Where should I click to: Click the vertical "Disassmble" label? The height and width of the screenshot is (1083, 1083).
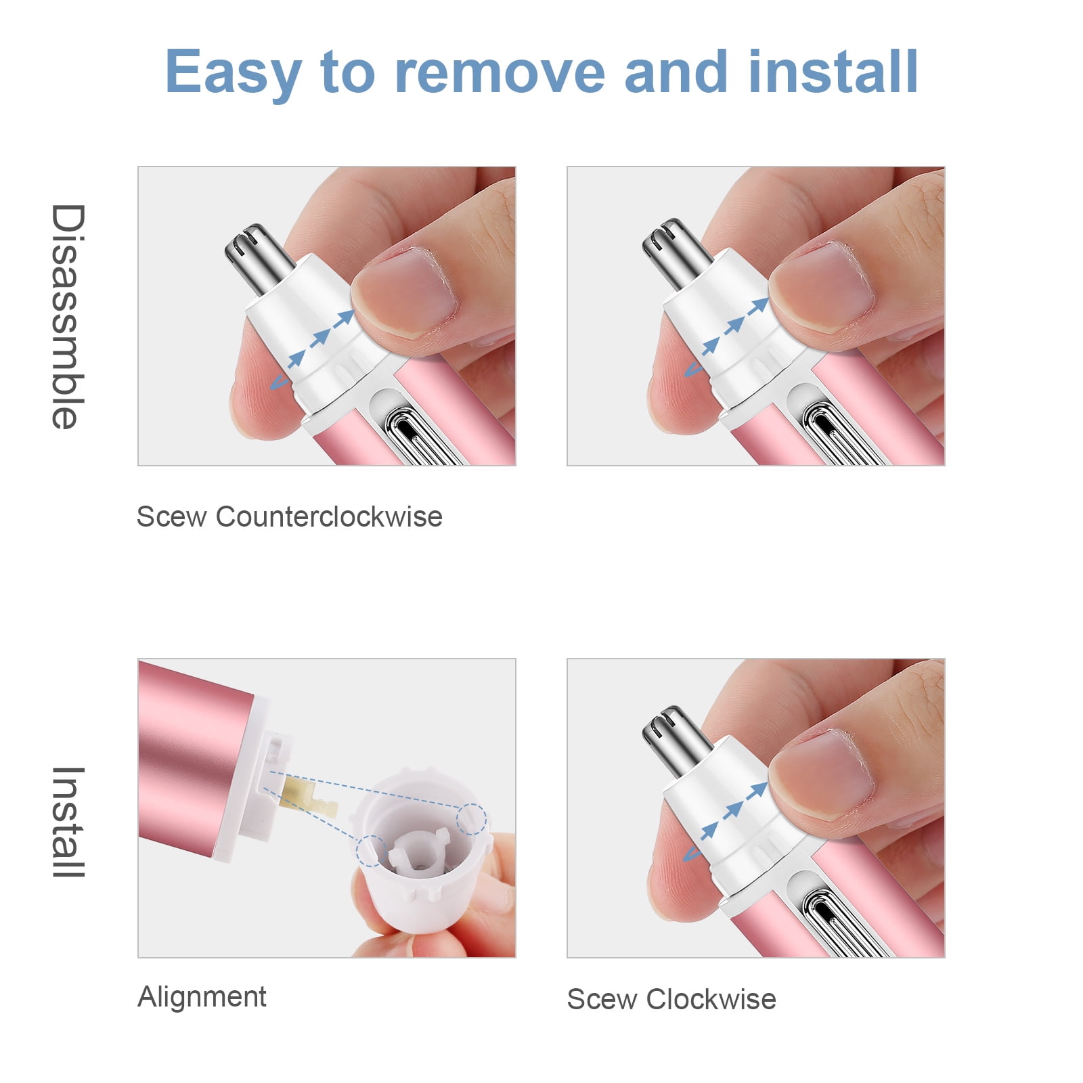(x=68, y=316)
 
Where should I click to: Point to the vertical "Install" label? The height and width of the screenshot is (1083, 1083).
(x=68, y=822)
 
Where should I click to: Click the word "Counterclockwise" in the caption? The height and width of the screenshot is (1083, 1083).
(x=329, y=516)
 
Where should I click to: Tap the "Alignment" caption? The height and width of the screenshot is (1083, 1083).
(x=202, y=997)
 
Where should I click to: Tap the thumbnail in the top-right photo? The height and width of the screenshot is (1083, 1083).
(x=822, y=287)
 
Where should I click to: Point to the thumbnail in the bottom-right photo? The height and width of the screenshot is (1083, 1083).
(x=822, y=774)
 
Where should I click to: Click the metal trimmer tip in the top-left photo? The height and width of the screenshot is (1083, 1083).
(x=258, y=258)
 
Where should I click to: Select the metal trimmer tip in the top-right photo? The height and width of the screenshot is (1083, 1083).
(x=676, y=252)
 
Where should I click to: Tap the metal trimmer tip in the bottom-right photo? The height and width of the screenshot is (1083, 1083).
(x=676, y=740)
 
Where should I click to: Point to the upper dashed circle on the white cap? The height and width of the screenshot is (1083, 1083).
(x=471, y=819)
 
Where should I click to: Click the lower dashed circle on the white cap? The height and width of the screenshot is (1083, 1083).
(x=371, y=850)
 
